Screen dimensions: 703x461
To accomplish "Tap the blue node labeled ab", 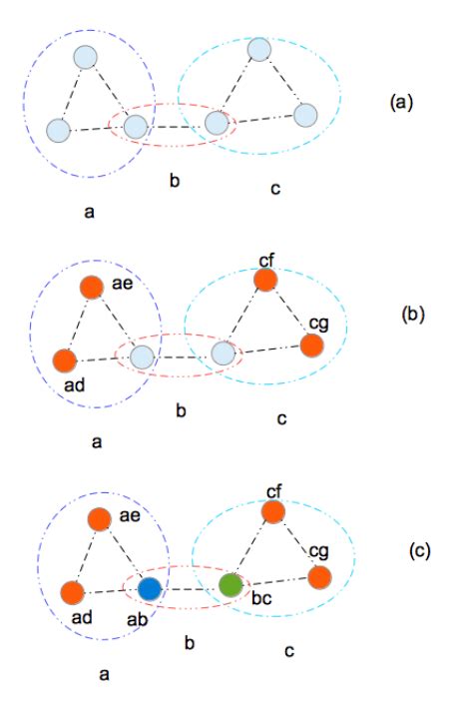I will coord(150,588).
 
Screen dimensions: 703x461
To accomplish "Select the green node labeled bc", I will coord(230,583).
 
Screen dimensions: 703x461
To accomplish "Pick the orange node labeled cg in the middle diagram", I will coord(310,345).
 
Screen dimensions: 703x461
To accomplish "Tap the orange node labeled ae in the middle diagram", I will coord(92,287).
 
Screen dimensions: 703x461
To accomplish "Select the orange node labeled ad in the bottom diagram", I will coord(72,592).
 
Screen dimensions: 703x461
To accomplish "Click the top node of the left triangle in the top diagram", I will coord(85,56).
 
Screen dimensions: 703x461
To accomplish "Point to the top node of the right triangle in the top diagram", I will coord(259,49).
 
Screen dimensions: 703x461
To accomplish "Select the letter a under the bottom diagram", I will coord(103,674).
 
